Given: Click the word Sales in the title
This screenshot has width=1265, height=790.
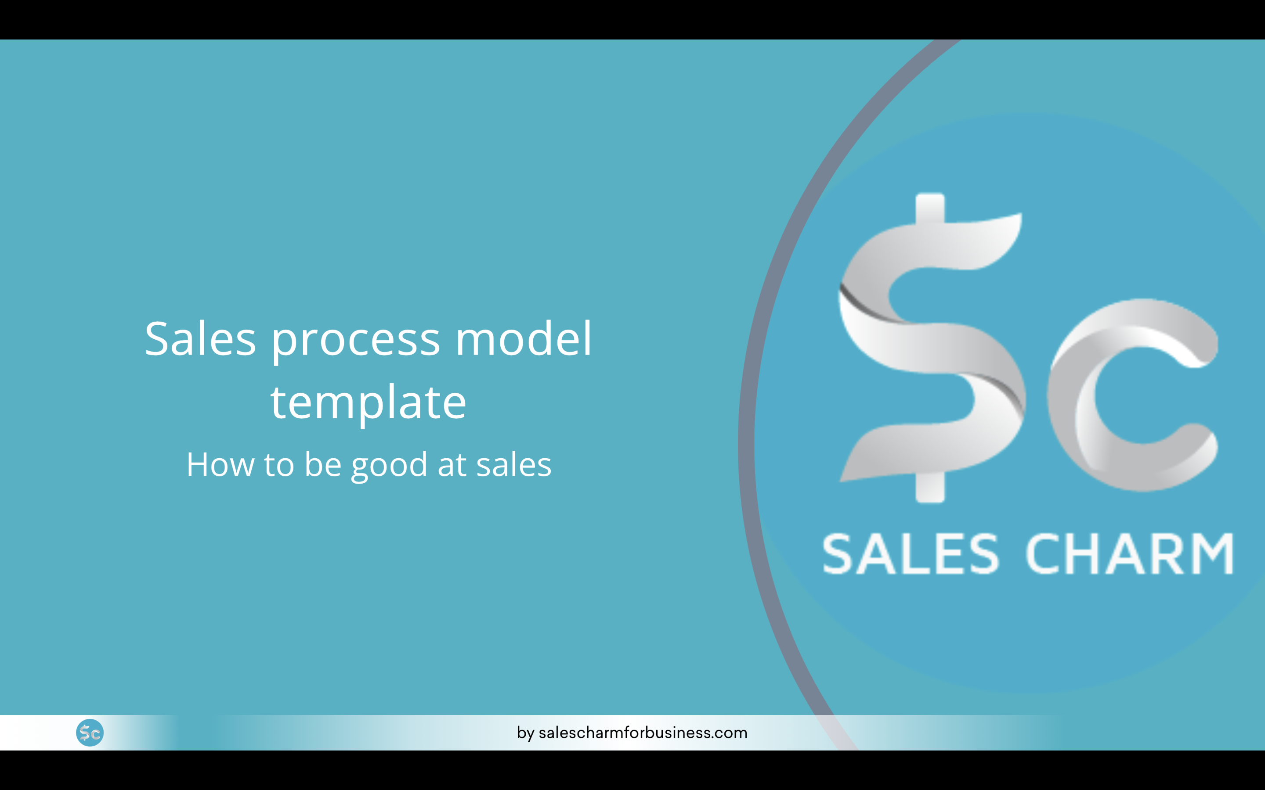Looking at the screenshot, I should pyautogui.click(x=200, y=340).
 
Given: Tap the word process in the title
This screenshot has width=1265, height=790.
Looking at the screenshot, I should pyautogui.click(x=355, y=342).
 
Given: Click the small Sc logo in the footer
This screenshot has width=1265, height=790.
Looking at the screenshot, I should pyautogui.click(x=90, y=733).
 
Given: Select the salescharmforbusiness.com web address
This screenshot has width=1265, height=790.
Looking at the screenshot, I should pyautogui.click(x=643, y=733).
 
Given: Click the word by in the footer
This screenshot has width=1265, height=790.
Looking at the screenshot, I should pyautogui.click(x=525, y=733).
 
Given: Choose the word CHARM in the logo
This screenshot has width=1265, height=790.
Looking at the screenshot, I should pyautogui.click(x=1129, y=554).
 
